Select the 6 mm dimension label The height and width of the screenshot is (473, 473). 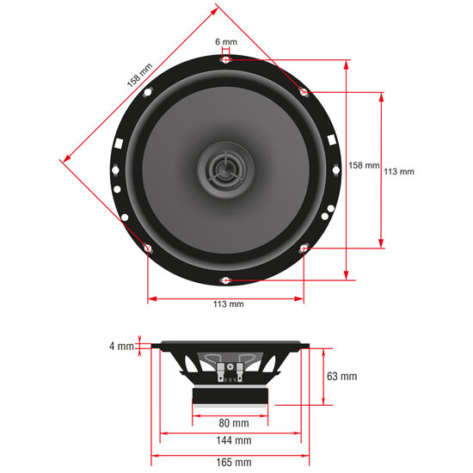click(x=225, y=41)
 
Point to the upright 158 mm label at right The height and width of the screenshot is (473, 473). click(x=363, y=165)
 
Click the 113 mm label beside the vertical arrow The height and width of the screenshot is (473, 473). click(x=398, y=171)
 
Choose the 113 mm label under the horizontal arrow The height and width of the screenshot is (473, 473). click(x=228, y=304)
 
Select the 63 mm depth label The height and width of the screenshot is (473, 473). click(x=342, y=377)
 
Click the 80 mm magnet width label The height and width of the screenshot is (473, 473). click(x=234, y=423)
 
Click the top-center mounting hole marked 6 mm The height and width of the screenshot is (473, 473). click(x=225, y=59)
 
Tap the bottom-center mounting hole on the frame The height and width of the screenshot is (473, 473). click(x=225, y=279)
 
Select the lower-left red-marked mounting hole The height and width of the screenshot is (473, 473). click(x=148, y=249)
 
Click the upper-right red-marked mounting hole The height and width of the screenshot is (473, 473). click(x=304, y=92)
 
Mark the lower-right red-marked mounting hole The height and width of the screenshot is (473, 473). click(x=304, y=249)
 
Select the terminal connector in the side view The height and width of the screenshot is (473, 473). click(x=230, y=373)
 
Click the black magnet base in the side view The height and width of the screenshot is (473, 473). click(x=230, y=396)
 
